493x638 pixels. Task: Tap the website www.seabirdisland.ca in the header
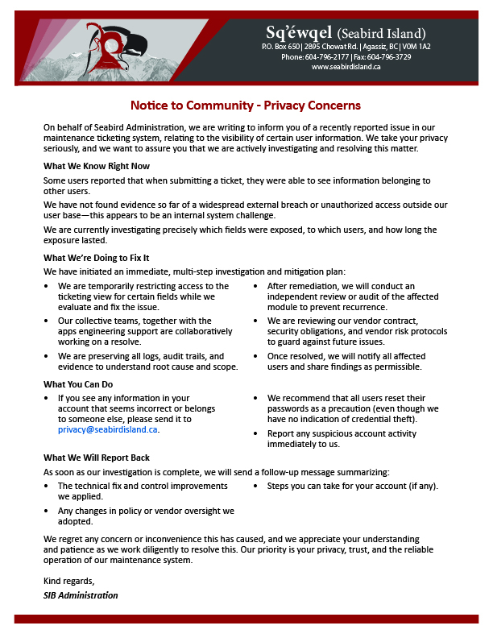tap(346, 67)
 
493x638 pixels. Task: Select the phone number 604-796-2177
tap(326, 57)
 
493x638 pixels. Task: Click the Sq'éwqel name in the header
tap(299, 32)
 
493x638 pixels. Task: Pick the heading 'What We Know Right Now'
tap(97, 166)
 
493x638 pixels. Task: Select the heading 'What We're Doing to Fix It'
tap(96, 258)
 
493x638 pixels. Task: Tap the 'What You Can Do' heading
tap(78, 384)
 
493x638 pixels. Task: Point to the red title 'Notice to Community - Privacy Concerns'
tap(246, 106)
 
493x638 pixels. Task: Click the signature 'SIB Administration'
tap(81, 595)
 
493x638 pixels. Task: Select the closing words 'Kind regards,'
tap(68, 581)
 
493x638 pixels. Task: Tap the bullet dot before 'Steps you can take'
tap(256, 486)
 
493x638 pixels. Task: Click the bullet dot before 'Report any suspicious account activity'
tap(256, 433)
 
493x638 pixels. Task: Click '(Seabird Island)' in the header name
tap(381, 33)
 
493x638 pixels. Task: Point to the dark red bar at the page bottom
tap(246, 619)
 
